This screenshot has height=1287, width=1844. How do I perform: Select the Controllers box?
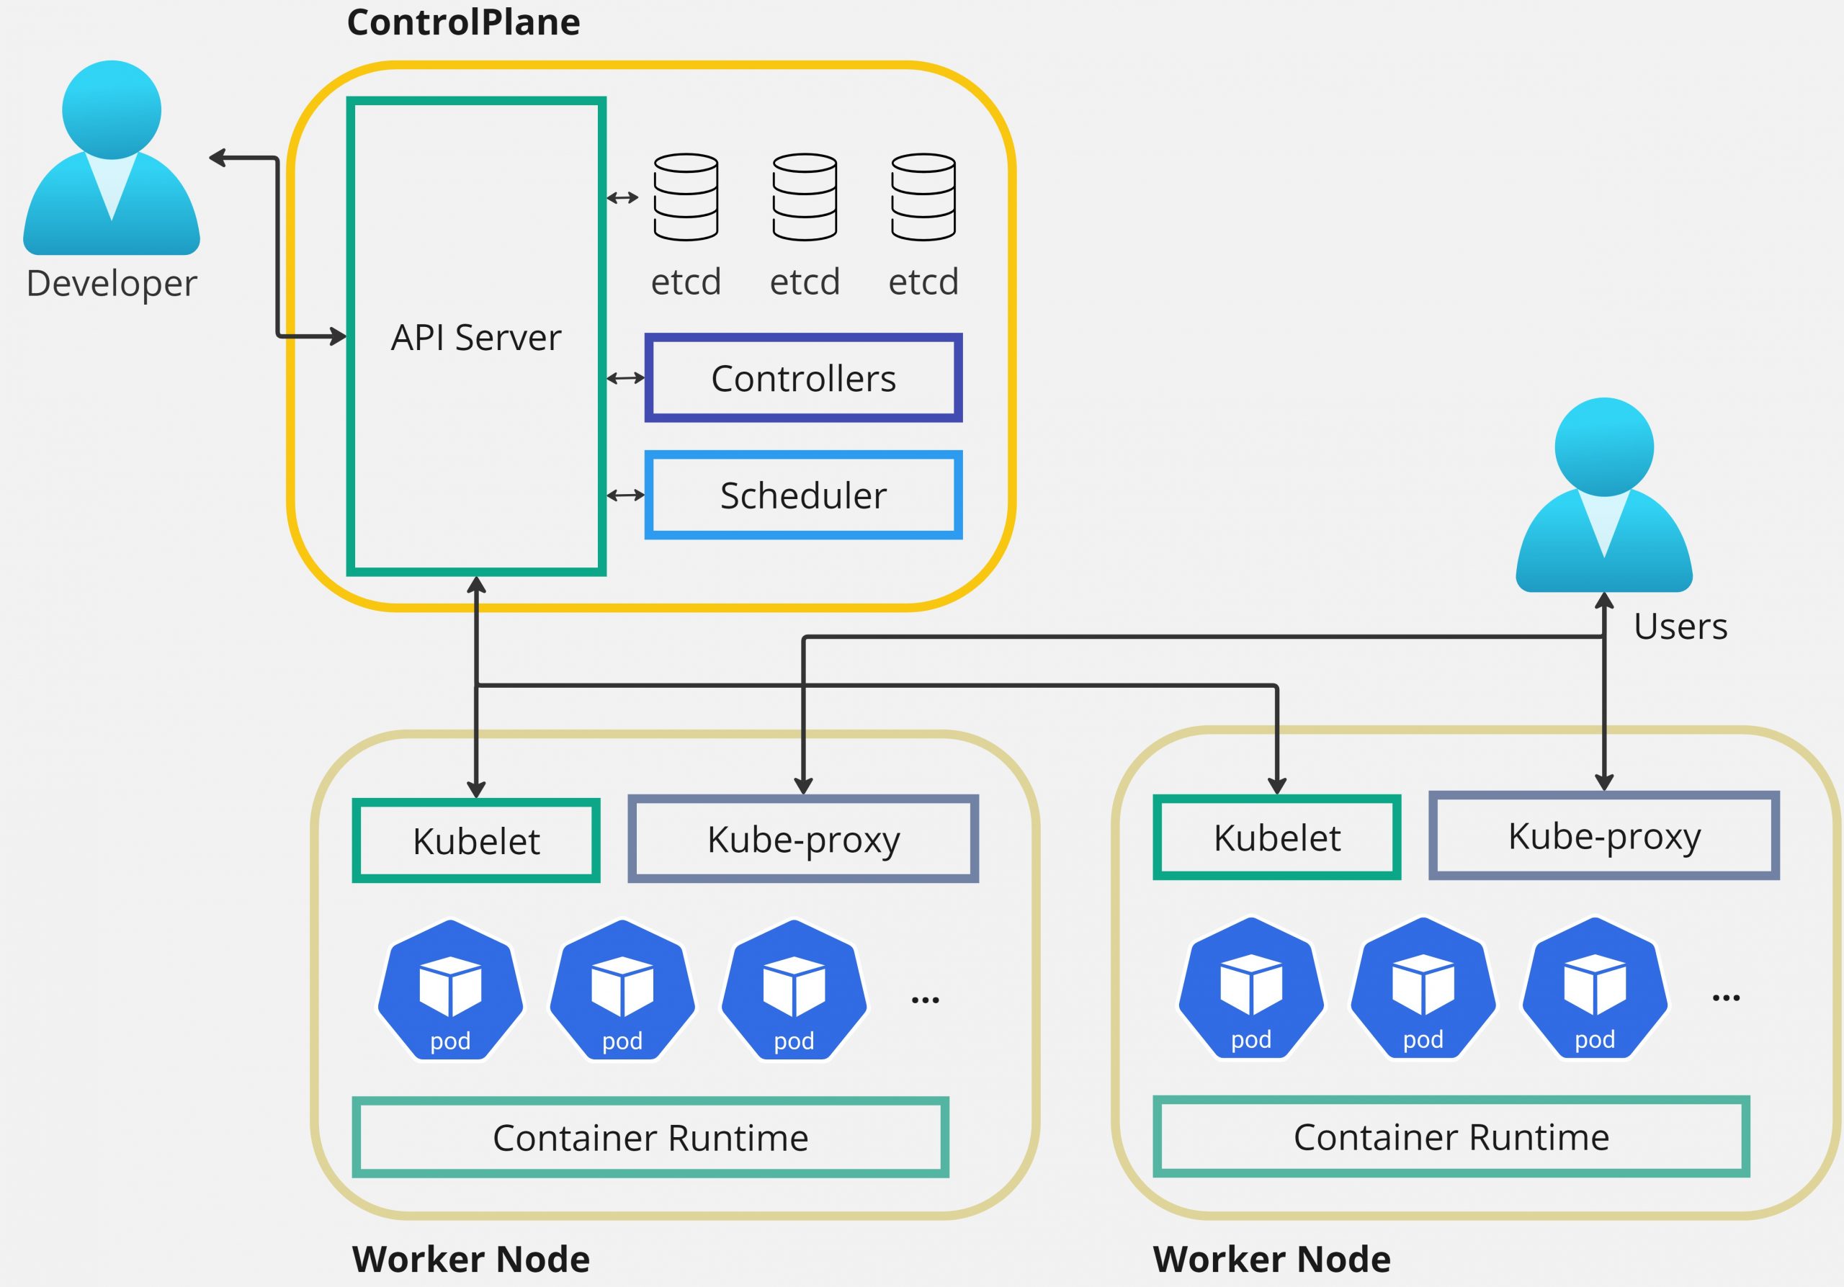click(x=803, y=378)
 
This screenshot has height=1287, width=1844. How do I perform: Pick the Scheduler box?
click(x=803, y=495)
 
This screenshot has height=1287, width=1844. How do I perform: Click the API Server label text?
click(x=475, y=337)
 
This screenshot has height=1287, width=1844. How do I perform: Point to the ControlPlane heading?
click(x=463, y=22)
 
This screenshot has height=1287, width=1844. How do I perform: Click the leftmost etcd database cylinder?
click(x=686, y=197)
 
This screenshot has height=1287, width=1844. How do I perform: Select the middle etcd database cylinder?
click(x=805, y=197)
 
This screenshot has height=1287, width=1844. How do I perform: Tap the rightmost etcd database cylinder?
click(x=923, y=197)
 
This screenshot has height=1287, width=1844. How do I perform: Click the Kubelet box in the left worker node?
click(x=476, y=840)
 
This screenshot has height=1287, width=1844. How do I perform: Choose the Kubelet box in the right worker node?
click(x=1277, y=838)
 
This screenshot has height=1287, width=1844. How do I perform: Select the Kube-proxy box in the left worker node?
click(x=803, y=839)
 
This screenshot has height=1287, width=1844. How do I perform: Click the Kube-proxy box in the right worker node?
click(x=1604, y=835)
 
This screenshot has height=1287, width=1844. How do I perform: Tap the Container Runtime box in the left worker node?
click(x=650, y=1138)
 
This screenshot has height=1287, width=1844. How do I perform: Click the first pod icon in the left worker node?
click(x=451, y=991)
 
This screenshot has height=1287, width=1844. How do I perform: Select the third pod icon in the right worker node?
click(x=1595, y=988)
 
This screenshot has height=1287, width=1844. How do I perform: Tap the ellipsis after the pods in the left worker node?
click(x=925, y=1000)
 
